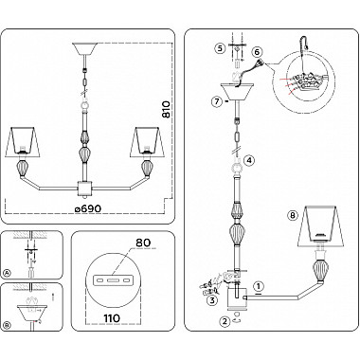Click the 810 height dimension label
pyautogui.click(x=167, y=110)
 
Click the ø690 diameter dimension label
pyautogui.click(x=88, y=208)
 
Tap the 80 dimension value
pyautogui.click(x=143, y=243)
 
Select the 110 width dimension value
pyautogui.click(x=112, y=318)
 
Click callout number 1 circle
pyautogui.click(x=259, y=287)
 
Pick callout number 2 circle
pyautogui.click(x=225, y=322)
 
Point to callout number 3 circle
pyautogui.click(x=212, y=300)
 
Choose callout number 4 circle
pyautogui.click(x=249, y=161)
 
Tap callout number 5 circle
pyautogui.click(x=220, y=48)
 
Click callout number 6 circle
pyautogui.click(x=257, y=51)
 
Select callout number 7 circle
pyautogui.click(x=217, y=101)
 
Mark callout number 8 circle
pyautogui.click(x=293, y=215)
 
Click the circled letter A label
pyautogui.click(x=6, y=274)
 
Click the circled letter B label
pyautogui.click(x=6, y=325)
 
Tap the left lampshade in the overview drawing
pyautogui.click(x=23, y=142)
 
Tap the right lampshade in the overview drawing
pyautogui.click(x=146, y=142)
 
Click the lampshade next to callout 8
pyautogui.click(x=320, y=226)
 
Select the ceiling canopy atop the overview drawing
pyautogui.click(x=84, y=48)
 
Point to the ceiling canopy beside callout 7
pyautogui.click(x=237, y=92)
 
